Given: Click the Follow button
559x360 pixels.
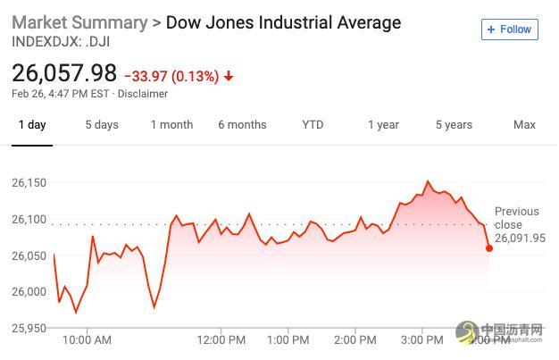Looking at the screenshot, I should point(509,29).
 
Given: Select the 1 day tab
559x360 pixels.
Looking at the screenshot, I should point(32,124).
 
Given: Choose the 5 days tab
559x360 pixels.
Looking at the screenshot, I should point(102,124).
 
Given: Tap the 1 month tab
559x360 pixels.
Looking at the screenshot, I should point(171,124).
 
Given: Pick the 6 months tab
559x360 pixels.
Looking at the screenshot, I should point(242,124).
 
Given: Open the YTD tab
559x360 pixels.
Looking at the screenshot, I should point(313,124).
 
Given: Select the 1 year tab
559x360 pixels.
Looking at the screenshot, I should point(383,124).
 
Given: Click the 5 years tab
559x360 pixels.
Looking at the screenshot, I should point(454,124).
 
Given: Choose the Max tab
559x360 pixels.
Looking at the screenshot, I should point(524,124).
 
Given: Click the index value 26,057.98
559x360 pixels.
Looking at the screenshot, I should point(64,73).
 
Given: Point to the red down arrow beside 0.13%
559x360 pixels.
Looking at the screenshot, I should point(229,76).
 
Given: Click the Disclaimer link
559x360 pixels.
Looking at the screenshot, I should point(142,94).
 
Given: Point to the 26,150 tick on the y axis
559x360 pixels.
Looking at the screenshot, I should point(29,182).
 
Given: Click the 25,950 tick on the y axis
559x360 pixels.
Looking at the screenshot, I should point(29,328).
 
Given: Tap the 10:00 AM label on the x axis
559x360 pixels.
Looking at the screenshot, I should point(88,339).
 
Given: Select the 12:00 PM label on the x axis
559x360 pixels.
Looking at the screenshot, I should point(221,339).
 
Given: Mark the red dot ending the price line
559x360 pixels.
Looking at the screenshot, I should point(489,247).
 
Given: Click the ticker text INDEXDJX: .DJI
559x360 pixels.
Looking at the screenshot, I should point(61,41).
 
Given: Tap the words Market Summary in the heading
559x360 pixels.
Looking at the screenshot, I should point(79,22).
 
